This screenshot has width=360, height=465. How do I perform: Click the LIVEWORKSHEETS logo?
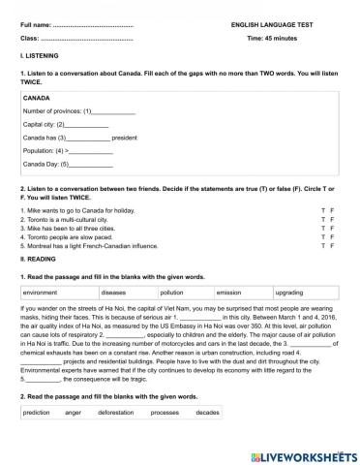click(303, 454)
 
